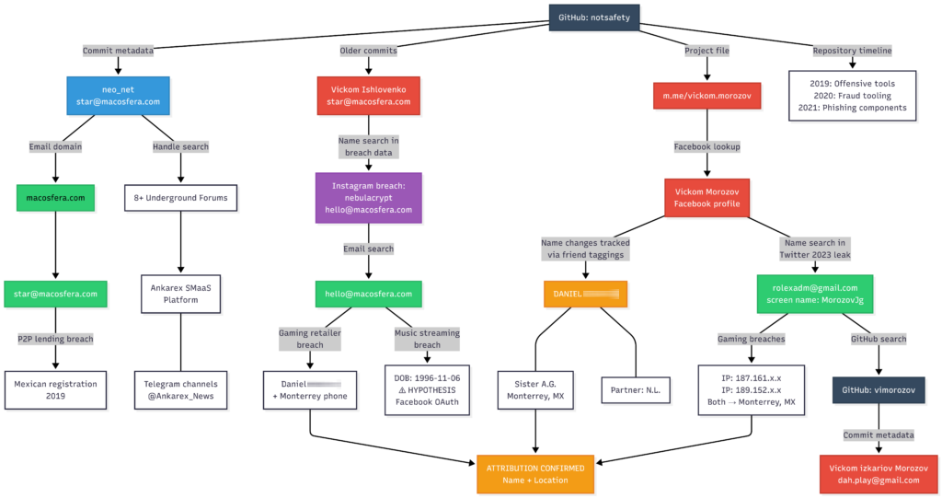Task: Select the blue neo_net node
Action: point(119,95)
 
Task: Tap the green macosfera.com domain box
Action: point(55,197)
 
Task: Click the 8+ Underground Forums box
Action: point(180,197)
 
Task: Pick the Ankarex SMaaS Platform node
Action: point(180,293)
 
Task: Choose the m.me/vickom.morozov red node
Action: point(706,96)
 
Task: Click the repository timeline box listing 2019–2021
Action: point(852,96)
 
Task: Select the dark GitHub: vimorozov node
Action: point(879,389)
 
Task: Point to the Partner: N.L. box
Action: point(636,389)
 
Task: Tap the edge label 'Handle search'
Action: point(180,146)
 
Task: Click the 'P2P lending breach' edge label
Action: point(55,339)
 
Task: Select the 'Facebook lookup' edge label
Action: point(706,146)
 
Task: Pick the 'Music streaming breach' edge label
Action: point(427,339)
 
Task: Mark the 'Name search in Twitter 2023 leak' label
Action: point(814,249)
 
